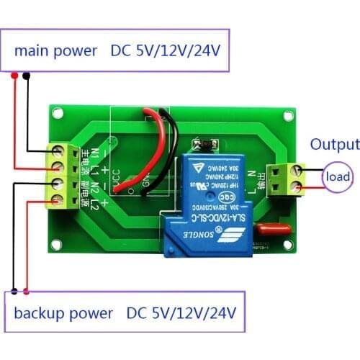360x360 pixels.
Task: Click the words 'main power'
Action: tap(55, 51)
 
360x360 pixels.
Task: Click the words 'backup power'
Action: tap(64, 314)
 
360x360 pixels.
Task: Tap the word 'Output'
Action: tap(334, 145)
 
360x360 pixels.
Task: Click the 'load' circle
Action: tap(337, 177)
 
